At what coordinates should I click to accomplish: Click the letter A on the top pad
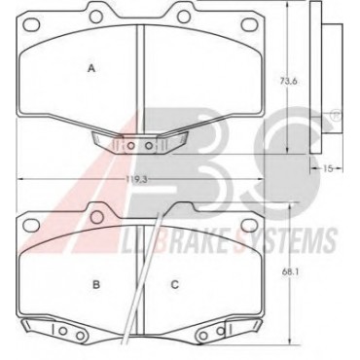click(92, 68)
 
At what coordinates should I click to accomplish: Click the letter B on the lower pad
click(96, 285)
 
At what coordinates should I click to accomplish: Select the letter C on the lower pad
click(175, 285)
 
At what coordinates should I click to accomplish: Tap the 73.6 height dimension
click(288, 81)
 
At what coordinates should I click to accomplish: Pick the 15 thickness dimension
click(328, 168)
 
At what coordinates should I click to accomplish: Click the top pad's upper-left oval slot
click(32, 23)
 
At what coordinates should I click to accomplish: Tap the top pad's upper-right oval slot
click(249, 23)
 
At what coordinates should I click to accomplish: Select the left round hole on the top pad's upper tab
click(96, 17)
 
